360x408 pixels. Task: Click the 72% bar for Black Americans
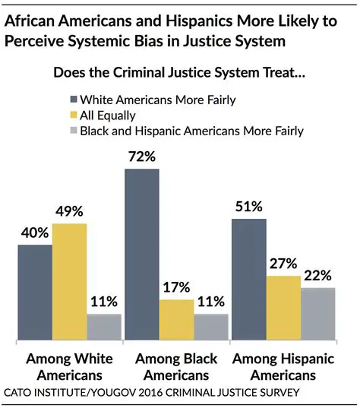142,254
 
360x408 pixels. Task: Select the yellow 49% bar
69,281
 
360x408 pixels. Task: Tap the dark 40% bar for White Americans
35,292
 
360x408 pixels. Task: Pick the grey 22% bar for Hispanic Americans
318,313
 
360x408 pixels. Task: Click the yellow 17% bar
176,319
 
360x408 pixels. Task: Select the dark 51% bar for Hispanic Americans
249,278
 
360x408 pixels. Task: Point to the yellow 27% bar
283,307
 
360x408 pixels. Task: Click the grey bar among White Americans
104,326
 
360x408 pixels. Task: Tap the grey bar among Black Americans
211,326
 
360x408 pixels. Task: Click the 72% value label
142,158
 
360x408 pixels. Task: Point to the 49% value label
69,212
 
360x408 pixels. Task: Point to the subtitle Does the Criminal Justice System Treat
179,74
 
